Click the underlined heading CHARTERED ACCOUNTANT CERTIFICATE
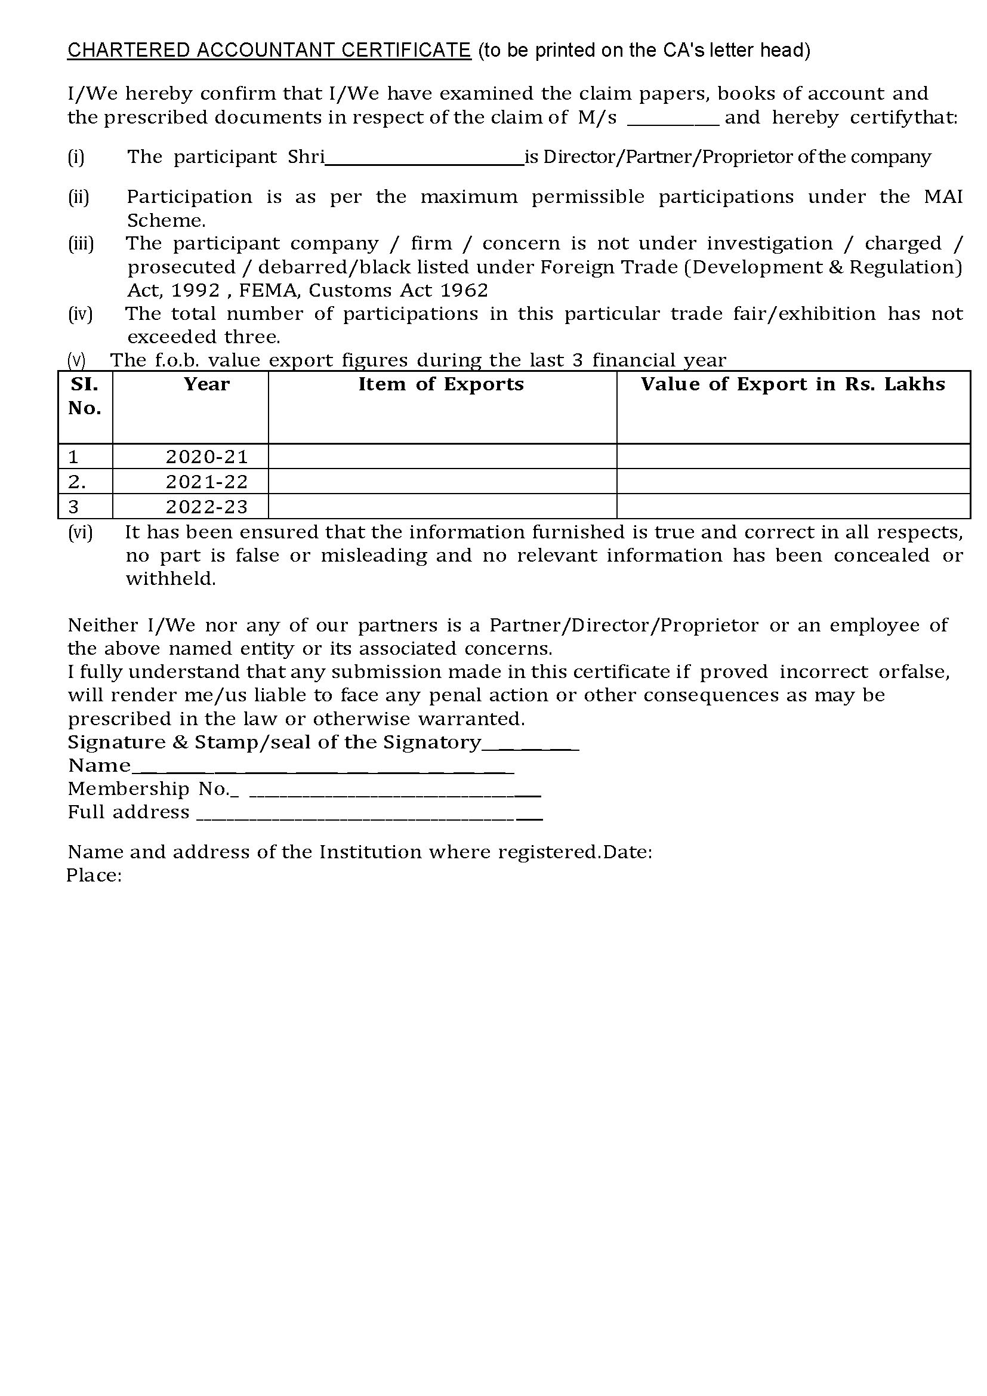tap(269, 51)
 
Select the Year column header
tap(206, 384)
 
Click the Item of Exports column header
tap(440, 384)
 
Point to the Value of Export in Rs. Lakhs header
tap(792, 384)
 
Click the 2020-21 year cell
tap(206, 457)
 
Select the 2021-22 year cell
tap(206, 482)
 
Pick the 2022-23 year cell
tap(206, 507)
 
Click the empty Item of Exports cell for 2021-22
tap(442, 482)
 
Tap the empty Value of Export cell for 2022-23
tap(792, 507)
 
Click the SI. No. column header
tap(85, 396)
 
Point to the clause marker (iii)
tap(80, 244)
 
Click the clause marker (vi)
tap(80, 532)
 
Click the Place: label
tap(94, 875)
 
